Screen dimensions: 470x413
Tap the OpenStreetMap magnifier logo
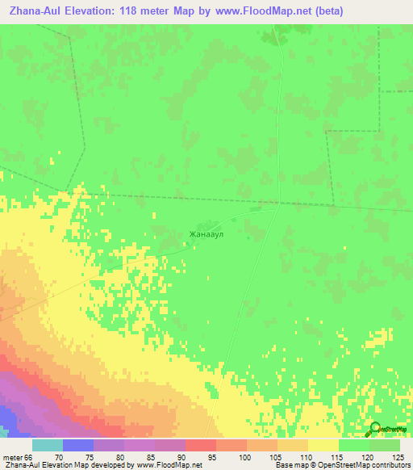[375, 430]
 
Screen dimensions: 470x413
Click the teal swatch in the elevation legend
[47, 445]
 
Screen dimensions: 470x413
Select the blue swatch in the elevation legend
[77, 445]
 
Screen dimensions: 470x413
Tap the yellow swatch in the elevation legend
[323, 445]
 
